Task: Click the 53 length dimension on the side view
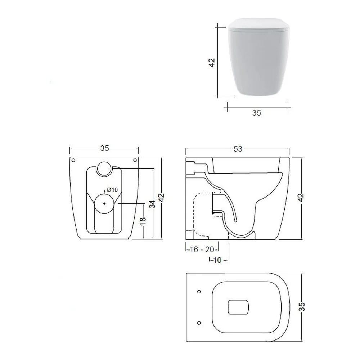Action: click(238, 149)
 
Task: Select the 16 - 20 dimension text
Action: click(202, 249)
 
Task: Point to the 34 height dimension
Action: click(152, 204)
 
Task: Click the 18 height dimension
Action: click(143, 220)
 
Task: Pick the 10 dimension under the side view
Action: click(217, 260)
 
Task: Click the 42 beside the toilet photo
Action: click(212, 63)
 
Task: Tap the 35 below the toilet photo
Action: click(257, 113)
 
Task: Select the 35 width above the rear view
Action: click(104, 148)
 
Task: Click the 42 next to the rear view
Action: click(162, 198)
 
